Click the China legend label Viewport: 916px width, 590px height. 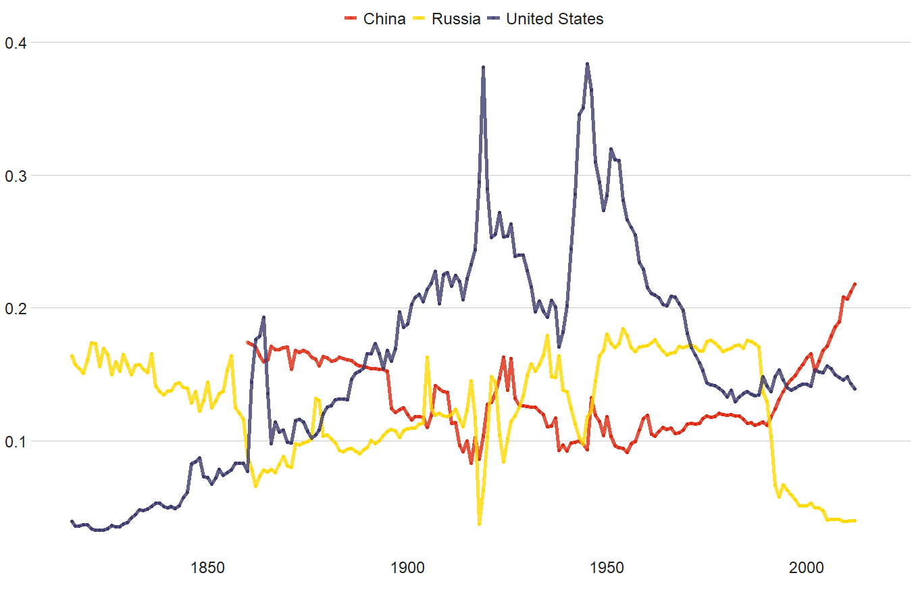click(x=384, y=19)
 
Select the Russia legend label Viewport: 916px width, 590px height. click(x=456, y=19)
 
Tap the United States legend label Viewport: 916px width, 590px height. click(x=555, y=19)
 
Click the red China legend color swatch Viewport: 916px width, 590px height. click(x=351, y=19)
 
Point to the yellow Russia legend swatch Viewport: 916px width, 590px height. click(x=419, y=19)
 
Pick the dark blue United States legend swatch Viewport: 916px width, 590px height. click(x=494, y=19)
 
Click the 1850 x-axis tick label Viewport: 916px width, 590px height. click(x=207, y=565)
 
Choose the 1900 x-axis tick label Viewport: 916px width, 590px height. click(x=407, y=565)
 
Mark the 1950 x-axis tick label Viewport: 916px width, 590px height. click(x=607, y=565)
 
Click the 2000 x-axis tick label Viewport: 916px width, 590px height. click(x=807, y=565)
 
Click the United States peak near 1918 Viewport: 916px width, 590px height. click(x=484, y=68)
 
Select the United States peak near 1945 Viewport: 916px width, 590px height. click(x=588, y=64)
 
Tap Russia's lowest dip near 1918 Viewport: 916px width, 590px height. click(x=480, y=524)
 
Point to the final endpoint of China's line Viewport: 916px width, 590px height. click(x=855, y=284)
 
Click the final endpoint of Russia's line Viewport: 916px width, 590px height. click(x=855, y=520)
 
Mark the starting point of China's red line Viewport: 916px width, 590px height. click(x=248, y=343)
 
